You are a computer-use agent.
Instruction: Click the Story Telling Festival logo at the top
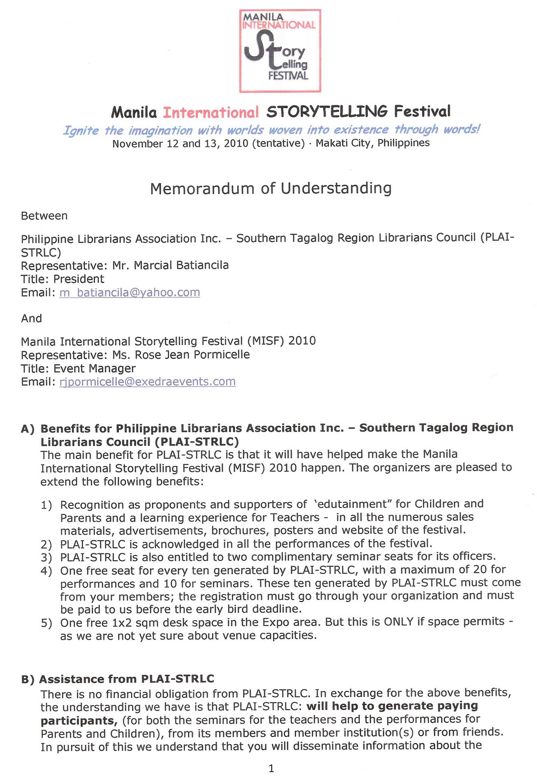tap(280, 51)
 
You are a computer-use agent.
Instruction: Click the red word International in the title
tap(210, 113)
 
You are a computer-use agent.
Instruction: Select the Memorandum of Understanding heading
tap(271, 188)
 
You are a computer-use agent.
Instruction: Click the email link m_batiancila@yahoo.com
tap(130, 293)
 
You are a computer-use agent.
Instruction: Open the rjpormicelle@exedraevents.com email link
tap(147, 382)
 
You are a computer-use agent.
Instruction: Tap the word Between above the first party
tap(44, 216)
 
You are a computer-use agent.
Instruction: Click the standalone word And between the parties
tap(31, 319)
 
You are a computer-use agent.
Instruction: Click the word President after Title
tap(79, 279)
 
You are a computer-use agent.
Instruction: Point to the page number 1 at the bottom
tap(271, 769)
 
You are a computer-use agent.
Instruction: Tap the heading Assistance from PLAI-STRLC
tap(127, 679)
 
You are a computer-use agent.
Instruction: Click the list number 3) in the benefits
tap(47, 557)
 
